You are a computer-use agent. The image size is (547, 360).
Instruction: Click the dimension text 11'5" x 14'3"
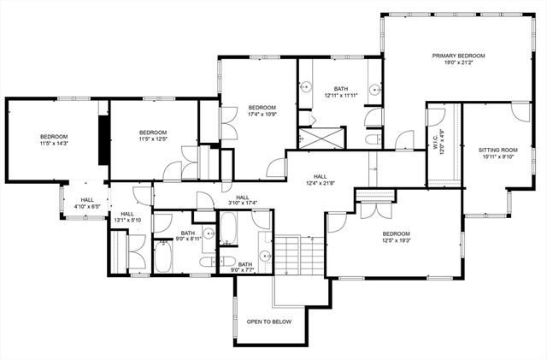(53, 144)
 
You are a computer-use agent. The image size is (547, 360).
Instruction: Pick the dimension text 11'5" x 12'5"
(152, 139)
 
